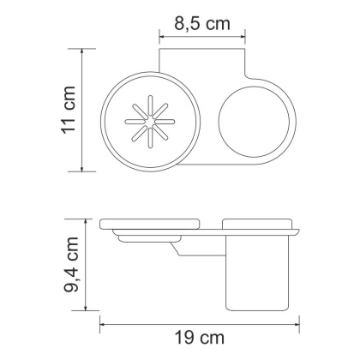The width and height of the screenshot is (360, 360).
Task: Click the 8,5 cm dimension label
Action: [204, 23]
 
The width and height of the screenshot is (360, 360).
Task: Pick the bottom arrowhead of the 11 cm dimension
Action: [82, 167]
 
